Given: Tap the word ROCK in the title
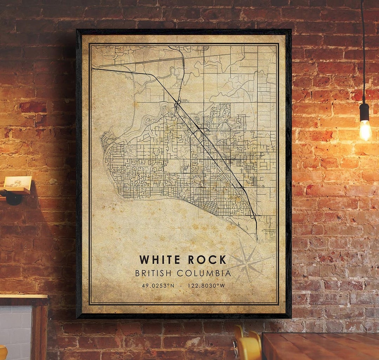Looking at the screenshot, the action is pos(207,260).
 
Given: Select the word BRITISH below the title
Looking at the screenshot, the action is pos(154,273).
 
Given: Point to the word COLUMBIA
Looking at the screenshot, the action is pos(204,273).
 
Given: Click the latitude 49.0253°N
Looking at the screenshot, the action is pos(158,286).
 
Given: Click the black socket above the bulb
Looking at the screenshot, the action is pos(364,112).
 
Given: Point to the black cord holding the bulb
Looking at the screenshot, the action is pos(363,53).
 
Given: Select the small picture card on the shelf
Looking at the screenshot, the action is pos(18,182).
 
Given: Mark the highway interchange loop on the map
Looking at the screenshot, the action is pos(178,104).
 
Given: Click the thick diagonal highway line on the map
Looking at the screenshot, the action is pos(211,144).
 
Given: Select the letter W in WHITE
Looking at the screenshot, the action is pos(143,260).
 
